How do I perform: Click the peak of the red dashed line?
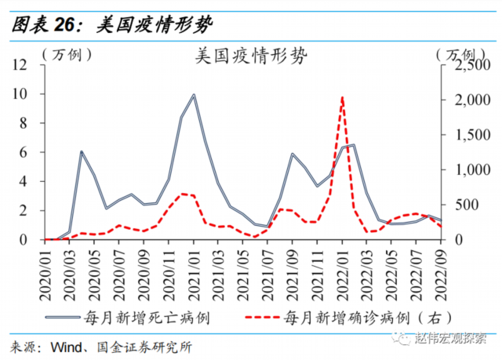[342, 97]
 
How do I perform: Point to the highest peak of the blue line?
[193, 95]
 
